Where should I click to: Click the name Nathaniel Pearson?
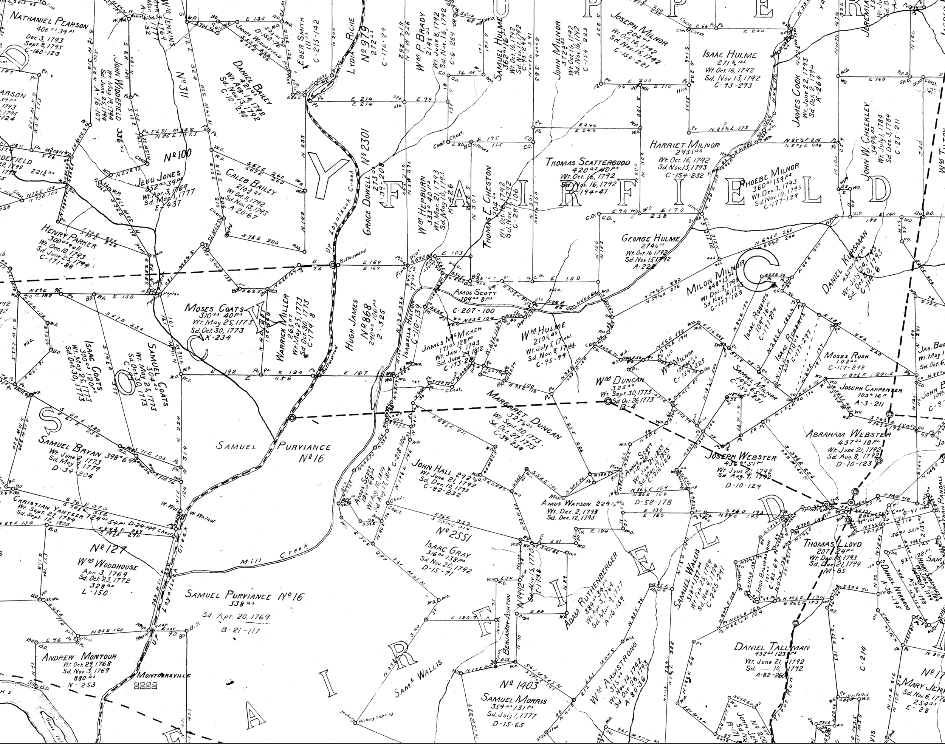49,21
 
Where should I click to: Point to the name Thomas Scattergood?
587,162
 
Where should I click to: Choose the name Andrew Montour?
79,656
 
